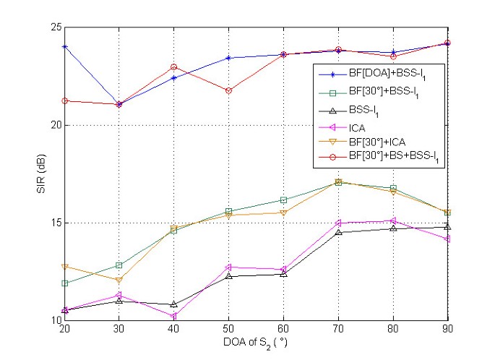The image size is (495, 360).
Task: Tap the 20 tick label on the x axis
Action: [x=65, y=330]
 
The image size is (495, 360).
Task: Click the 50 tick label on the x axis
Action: [x=228, y=330]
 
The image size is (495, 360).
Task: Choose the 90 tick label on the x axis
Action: [x=447, y=330]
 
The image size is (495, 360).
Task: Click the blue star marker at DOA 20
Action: [x=65, y=46]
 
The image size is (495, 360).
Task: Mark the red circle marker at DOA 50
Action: [x=228, y=90]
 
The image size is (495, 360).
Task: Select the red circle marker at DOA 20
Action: [x=65, y=100]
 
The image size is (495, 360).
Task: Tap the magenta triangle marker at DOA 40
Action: [x=174, y=316]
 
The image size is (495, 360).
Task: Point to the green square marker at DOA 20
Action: [x=65, y=283]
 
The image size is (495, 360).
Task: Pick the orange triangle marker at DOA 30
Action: [x=119, y=280]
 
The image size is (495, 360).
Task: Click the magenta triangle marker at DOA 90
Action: [x=447, y=239]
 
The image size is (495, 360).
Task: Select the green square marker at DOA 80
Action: [x=393, y=188]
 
